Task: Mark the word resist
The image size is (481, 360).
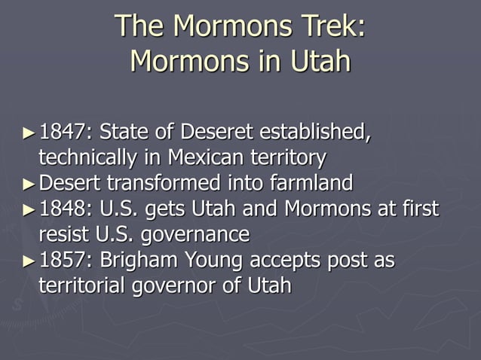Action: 61,234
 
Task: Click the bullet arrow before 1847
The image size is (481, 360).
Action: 29,134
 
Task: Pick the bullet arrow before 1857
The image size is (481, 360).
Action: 29,261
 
